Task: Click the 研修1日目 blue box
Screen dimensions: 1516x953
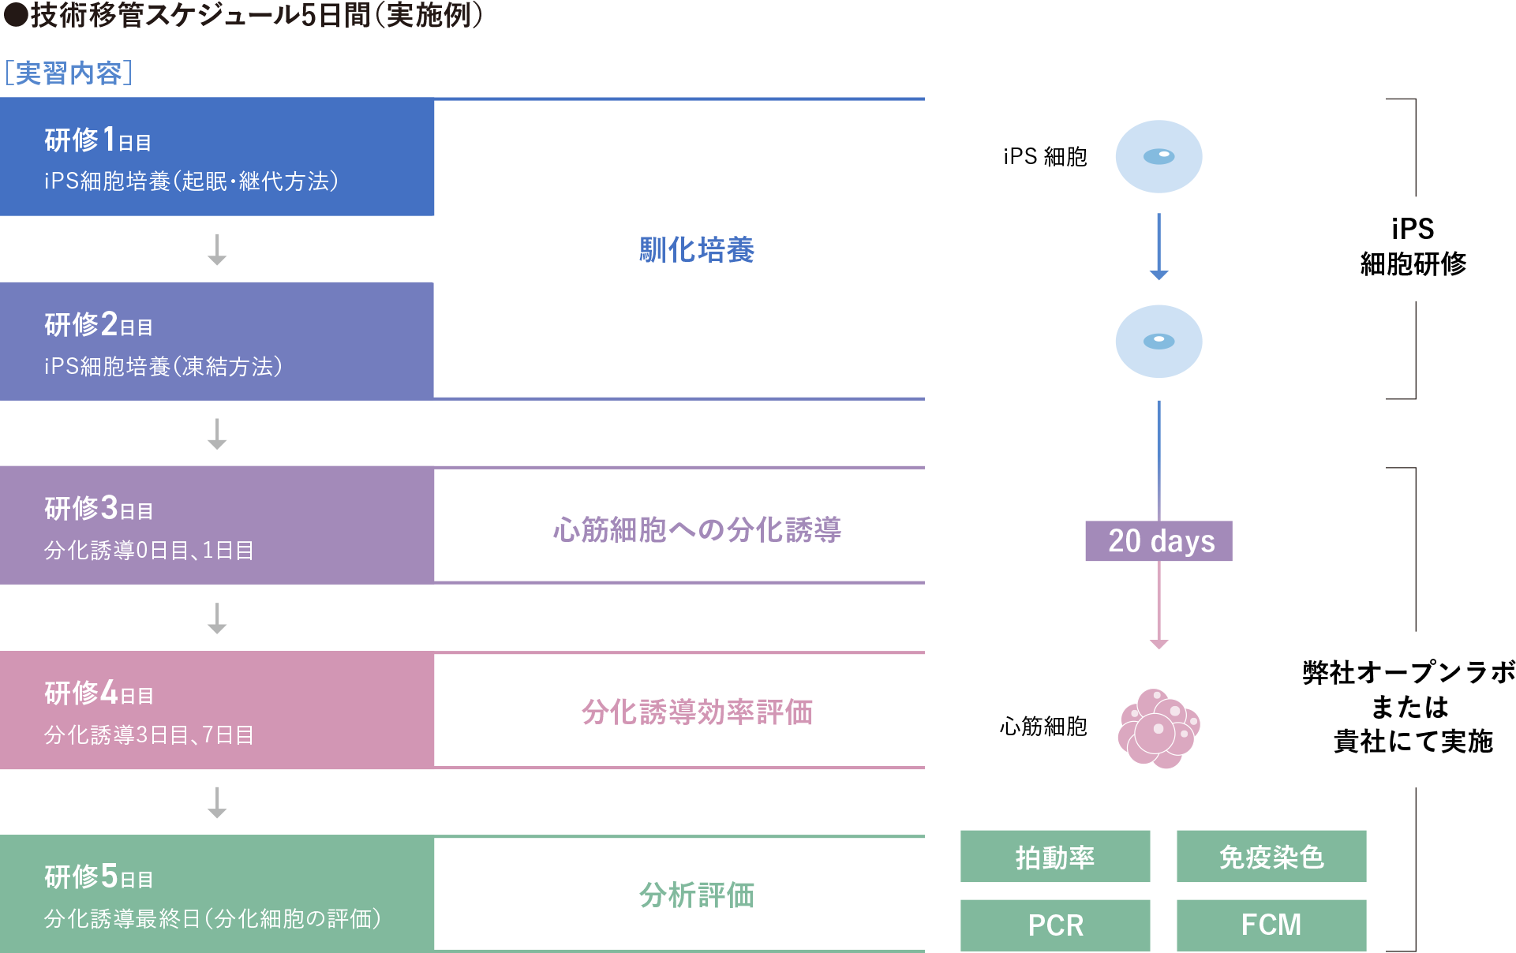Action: [217, 157]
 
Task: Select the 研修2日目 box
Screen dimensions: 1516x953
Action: [217, 341]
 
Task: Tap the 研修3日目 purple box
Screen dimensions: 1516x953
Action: [217, 525]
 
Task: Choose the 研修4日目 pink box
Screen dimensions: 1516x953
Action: [217, 710]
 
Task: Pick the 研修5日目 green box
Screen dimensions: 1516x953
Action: [217, 894]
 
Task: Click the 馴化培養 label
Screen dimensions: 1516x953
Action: [697, 250]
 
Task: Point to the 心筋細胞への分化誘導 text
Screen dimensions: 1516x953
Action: [697, 529]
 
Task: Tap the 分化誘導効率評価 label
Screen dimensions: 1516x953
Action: [697, 712]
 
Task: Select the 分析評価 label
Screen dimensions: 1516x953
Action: [697, 895]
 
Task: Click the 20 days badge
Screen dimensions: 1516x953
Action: [1159, 541]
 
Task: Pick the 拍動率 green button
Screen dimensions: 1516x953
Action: [1055, 856]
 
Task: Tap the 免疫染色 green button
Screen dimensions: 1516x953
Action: [1271, 856]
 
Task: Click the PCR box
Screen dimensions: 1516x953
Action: [1055, 925]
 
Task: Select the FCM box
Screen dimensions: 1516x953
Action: [1271, 925]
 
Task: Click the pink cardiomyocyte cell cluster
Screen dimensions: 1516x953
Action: [1159, 728]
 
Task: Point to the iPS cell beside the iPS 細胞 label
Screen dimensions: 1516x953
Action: [1159, 156]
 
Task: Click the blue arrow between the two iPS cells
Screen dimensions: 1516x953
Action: [1159, 246]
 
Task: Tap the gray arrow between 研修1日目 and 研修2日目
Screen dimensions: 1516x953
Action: [217, 249]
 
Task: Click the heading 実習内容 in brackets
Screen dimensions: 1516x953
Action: [69, 73]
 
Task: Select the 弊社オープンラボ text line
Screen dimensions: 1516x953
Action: [1409, 672]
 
